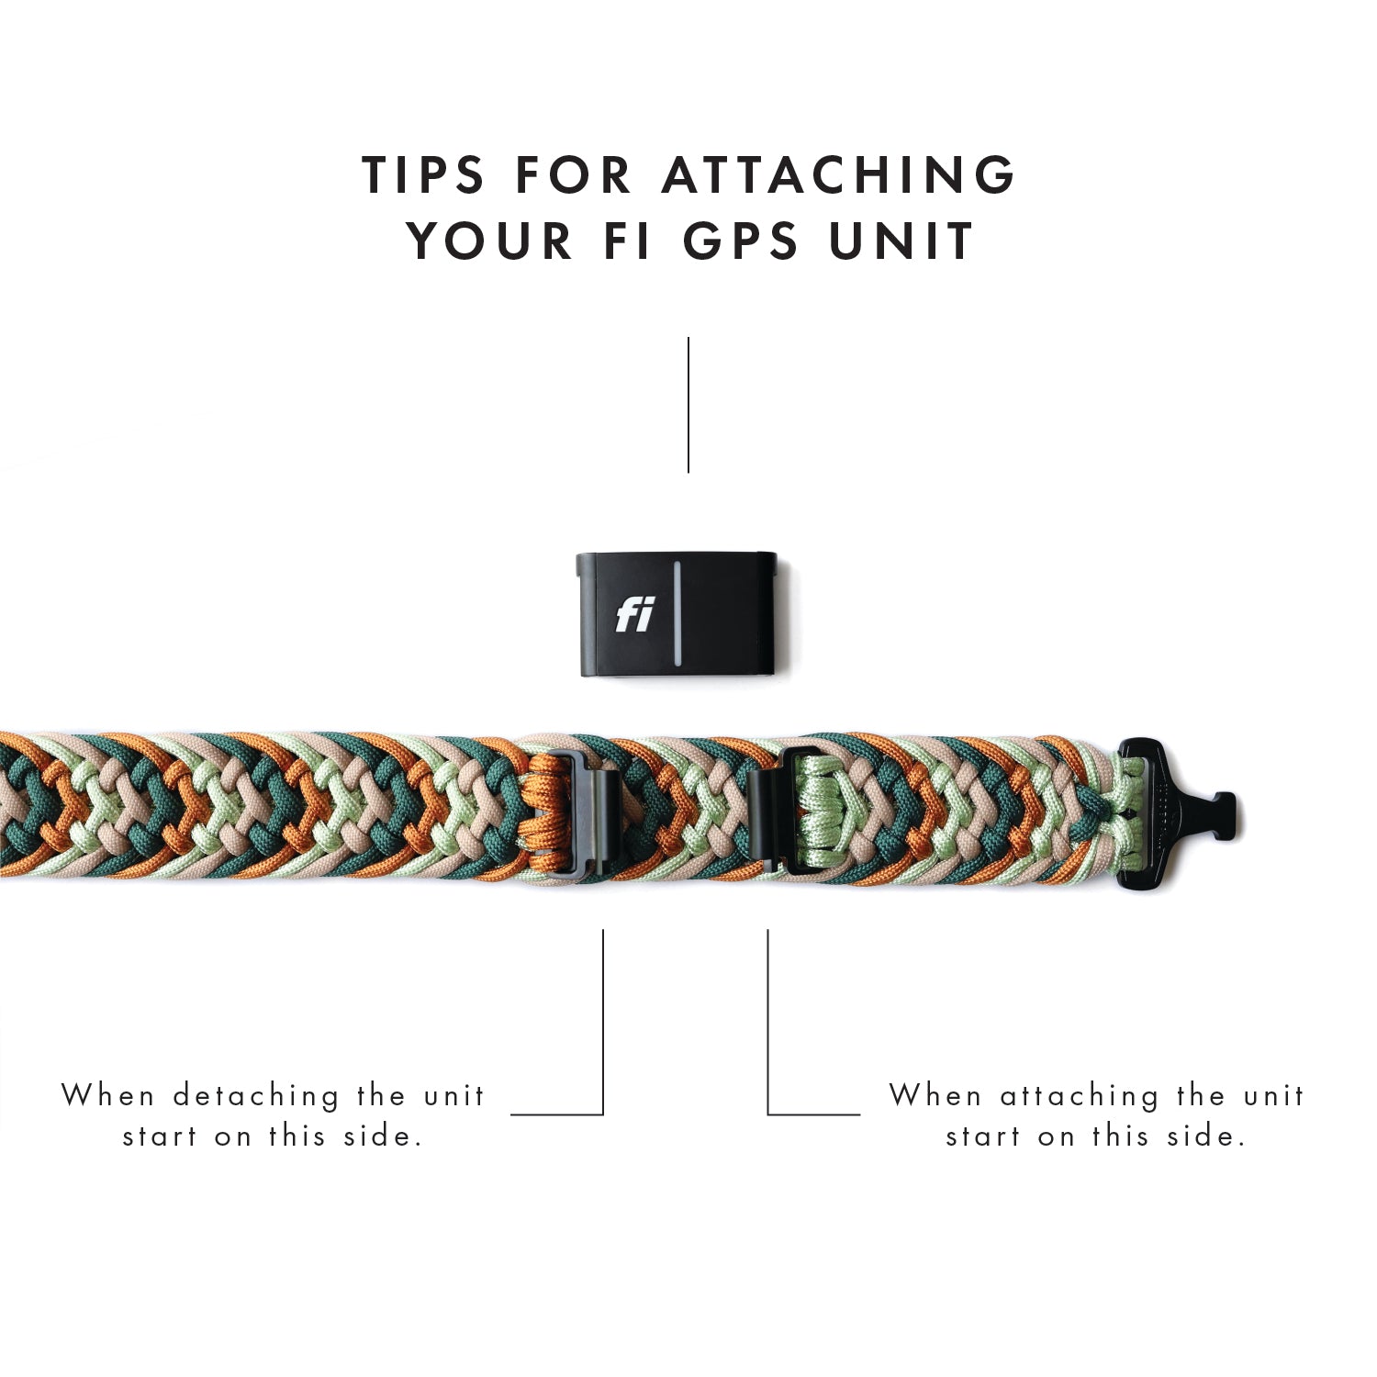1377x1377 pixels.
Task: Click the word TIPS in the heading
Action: pyautogui.click(x=423, y=174)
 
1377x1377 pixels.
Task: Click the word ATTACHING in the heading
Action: pyautogui.click(x=839, y=174)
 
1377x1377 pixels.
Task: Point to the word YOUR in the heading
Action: pyautogui.click(x=490, y=241)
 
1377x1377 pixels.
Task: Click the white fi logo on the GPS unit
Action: pyautogui.click(x=634, y=615)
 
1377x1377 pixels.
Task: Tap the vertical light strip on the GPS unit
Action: pyautogui.click(x=677, y=614)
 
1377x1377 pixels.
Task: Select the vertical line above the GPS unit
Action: pyautogui.click(x=688, y=405)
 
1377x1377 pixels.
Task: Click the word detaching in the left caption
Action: pyautogui.click(x=256, y=1095)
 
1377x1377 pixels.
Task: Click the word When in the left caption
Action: pyautogui.click(x=107, y=1095)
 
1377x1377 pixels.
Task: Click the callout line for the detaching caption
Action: pyautogui.click(x=602, y=1028)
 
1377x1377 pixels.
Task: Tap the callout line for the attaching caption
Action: pyautogui.click(x=768, y=1028)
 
